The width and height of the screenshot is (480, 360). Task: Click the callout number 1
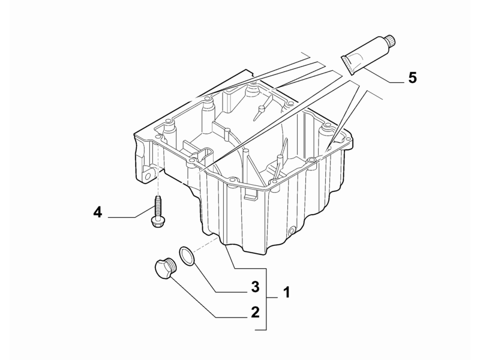tap(286, 293)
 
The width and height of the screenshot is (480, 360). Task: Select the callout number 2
tap(255, 311)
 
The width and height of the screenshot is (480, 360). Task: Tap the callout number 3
tap(254, 287)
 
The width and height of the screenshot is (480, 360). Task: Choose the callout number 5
tap(413, 78)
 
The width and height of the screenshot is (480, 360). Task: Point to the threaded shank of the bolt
tap(158, 205)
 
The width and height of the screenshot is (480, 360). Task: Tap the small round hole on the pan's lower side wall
tap(292, 231)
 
